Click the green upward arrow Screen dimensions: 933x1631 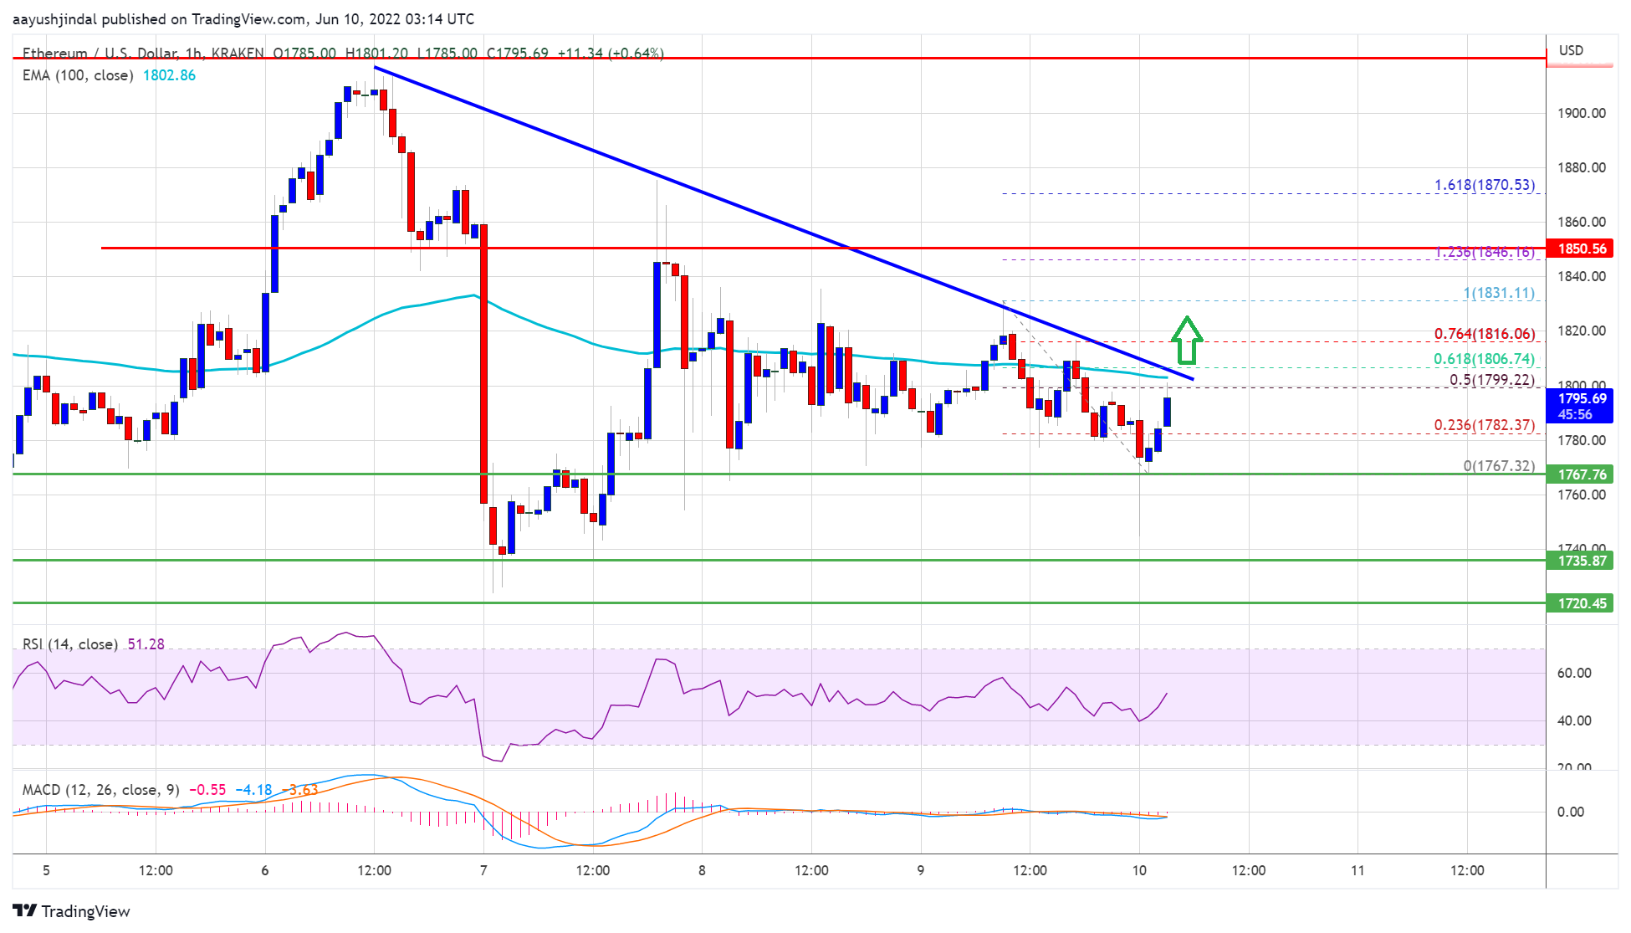[x=1186, y=341]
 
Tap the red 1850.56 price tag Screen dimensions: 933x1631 [x=1581, y=249]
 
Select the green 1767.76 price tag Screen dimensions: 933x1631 [x=1581, y=474]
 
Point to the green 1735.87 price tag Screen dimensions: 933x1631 [x=1581, y=561]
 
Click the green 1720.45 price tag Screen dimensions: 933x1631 [x=1581, y=603]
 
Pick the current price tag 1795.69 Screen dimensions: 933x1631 [x=1581, y=406]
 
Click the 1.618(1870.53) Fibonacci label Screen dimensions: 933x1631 [x=1484, y=185]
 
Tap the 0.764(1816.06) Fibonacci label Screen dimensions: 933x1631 [x=1484, y=334]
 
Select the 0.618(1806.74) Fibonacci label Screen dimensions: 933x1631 [x=1484, y=359]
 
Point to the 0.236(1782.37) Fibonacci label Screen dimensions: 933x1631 [x=1484, y=425]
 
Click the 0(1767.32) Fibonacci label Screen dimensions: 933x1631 [x=1498, y=466]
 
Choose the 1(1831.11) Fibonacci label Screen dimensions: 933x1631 [x=1498, y=293]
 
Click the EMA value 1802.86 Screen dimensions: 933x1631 [x=169, y=75]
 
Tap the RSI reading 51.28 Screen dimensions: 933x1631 [x=146, y=644]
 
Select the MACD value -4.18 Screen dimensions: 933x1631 [x=253, y=790]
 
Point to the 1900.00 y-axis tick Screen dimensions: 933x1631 [x=1581, y=113]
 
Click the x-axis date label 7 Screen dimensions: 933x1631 [x=483, y=870]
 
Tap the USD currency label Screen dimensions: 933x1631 [x=1571, y=50]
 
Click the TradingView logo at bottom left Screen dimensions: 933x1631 [x=72, y=911]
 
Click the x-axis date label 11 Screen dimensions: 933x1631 [x=1357, y=870]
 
